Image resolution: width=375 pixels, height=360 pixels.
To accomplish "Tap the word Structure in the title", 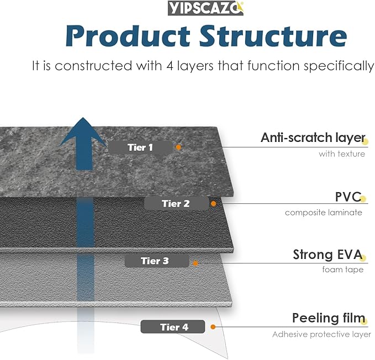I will tap(273, 36).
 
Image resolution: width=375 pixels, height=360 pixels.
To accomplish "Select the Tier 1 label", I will tap(140, 147).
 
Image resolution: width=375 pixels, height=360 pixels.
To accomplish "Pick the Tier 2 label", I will tap(176, 203).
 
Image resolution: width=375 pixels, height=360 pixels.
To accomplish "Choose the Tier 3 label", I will tap(155, 261).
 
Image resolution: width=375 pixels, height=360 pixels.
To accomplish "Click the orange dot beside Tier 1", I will tap(178, 147).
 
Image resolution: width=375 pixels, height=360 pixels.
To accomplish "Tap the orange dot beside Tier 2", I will tap(214, 204).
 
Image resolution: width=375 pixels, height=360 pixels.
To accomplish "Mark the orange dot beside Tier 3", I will tap(195, 263).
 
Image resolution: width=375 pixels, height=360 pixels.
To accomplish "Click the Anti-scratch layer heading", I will tap(313, 138).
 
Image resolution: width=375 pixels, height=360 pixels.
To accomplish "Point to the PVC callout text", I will tap(348, 197).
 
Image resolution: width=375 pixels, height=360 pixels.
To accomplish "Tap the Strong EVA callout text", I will tap(328, 255).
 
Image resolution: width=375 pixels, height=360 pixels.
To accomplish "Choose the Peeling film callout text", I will tap(329, 319).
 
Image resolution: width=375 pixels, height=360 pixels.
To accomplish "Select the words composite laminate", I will tap(324, 213).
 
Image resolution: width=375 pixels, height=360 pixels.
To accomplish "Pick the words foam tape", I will tap(343, 270).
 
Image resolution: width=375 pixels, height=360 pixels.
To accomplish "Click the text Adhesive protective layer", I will tap(321, 334).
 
